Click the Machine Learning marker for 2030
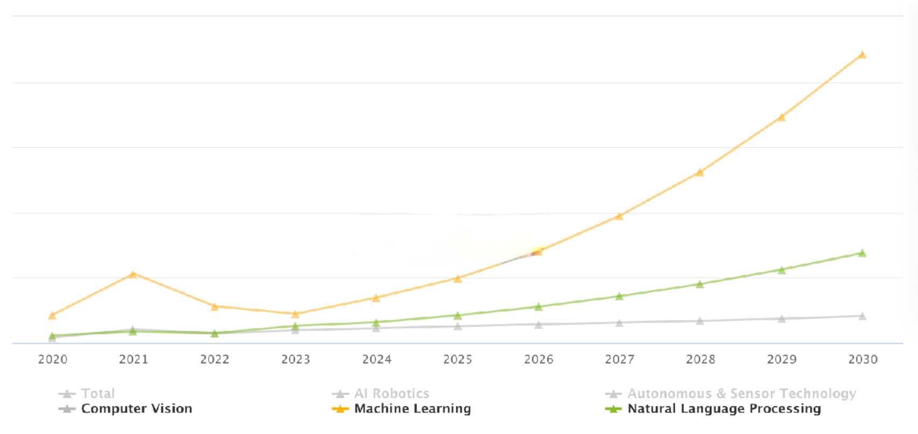[862, 55]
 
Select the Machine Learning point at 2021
[133, 275]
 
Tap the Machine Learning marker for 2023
[295, 314]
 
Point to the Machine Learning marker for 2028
[700, 173]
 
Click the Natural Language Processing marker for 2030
[862, 253]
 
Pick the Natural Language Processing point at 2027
[619, 296]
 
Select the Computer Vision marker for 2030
[862, 317]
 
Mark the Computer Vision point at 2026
[538, 325]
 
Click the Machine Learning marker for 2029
[781, 117]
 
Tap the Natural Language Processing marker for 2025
[457, 316]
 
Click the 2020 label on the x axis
[53, 360]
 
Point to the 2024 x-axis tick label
[377, 360]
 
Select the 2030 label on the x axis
[863, 360]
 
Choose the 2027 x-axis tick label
[619, 360]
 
